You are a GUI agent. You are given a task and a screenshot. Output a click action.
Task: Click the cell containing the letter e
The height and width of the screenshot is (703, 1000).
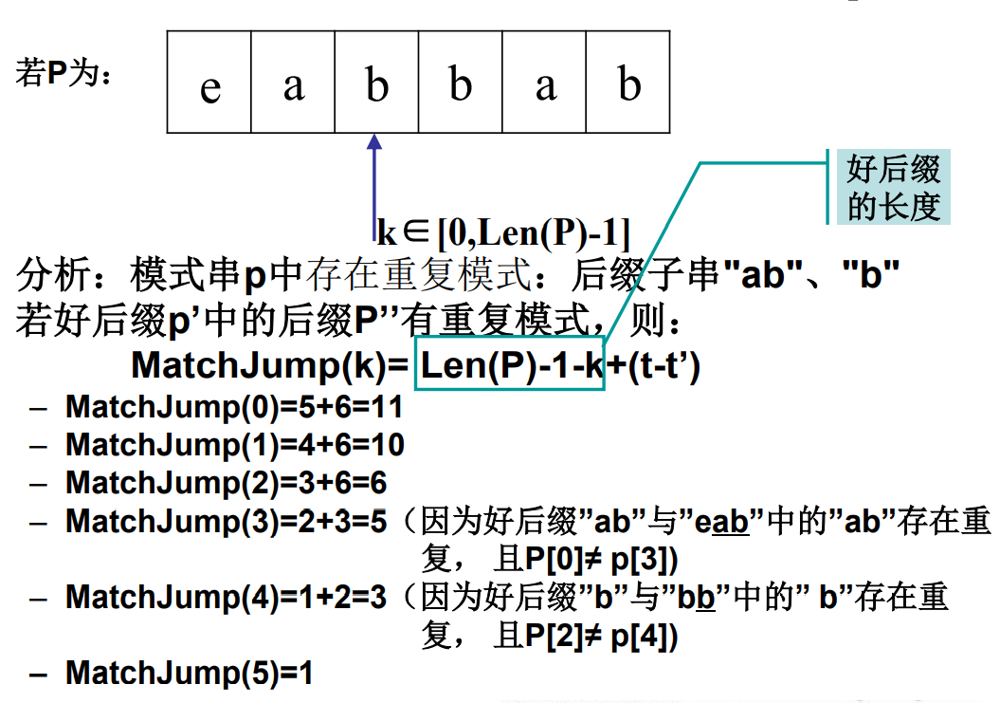(x=209, y=83)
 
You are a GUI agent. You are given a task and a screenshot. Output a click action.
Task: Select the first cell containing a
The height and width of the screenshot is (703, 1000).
(x=293, y=83)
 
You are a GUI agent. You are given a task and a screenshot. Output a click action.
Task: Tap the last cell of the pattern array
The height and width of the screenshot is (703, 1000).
(x=628, y=83)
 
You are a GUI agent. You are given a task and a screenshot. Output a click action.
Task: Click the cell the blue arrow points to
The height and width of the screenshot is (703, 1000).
(x=376, y=83)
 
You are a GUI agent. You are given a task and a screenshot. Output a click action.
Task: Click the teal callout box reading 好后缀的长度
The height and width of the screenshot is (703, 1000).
(x=893, y=187)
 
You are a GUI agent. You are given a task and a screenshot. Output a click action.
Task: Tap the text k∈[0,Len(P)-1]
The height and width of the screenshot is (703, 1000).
(x=503, y=231)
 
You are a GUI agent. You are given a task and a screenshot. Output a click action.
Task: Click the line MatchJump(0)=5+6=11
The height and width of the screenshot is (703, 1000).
(x=234, y=408)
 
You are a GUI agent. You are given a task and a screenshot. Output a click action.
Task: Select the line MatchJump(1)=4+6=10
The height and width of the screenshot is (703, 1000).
(x=235, y=445)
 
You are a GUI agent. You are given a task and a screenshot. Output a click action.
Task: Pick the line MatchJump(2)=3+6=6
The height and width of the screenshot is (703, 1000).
(x=226, y=483)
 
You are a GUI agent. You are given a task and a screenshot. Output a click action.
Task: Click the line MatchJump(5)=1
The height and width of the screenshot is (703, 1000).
(x=189, y=674)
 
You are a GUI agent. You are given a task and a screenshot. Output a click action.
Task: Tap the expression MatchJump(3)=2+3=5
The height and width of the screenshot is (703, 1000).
(x=226, y=521)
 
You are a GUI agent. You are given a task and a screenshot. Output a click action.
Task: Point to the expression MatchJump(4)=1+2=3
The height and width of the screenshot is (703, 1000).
(x=226, y=598)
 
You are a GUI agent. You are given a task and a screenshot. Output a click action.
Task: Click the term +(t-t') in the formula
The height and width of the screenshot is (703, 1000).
(x=653, y=364)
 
